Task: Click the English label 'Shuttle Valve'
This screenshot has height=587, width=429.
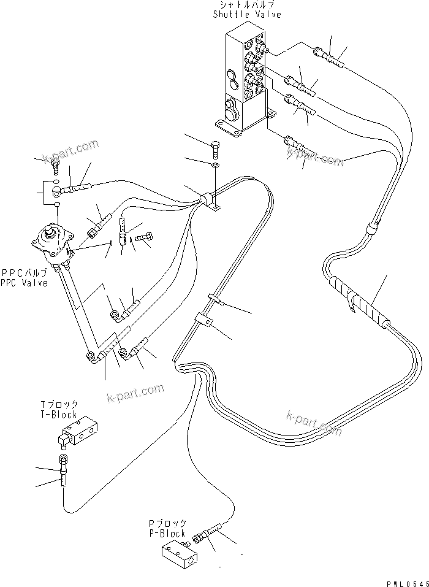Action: (247, 15)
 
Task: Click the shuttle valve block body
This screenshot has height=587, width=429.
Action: (242, 80)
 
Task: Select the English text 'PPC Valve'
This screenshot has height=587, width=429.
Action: (24, 283)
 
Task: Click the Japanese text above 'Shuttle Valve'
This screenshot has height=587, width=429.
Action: (246, 5)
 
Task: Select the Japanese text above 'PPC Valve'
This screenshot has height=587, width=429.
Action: (24, 273)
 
